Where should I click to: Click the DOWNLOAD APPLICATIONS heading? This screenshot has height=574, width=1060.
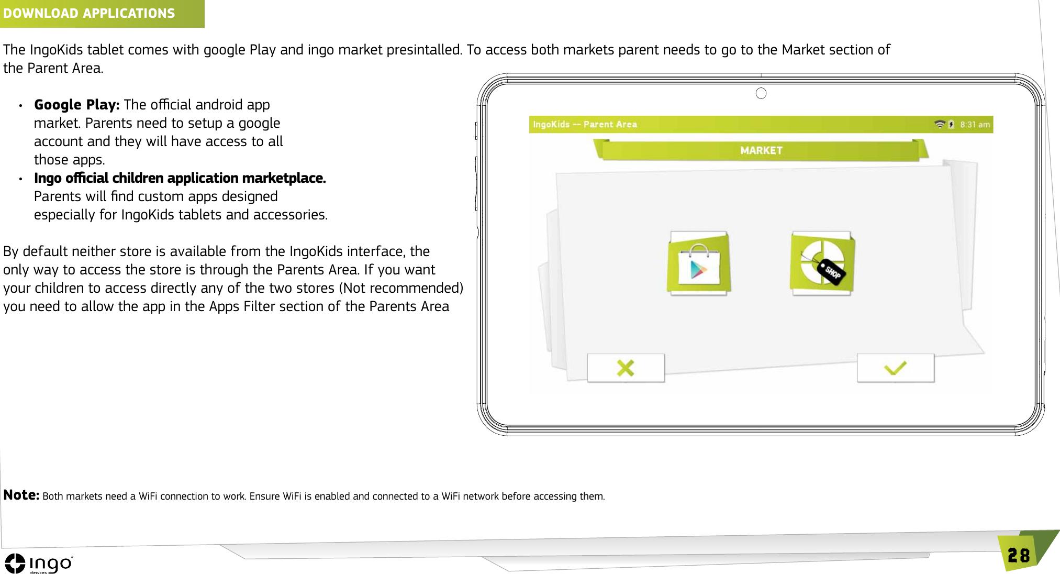[x=89, y=13]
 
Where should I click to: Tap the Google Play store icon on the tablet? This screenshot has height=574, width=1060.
[x=698, y=263]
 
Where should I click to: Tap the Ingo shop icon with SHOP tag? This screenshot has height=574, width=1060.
[x=822, y=263]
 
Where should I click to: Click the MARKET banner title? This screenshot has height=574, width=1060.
[x=761, y=151]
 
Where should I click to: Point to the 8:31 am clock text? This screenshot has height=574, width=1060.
[x=975, y=125]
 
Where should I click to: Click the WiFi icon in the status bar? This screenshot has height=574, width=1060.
[x=939, y=125]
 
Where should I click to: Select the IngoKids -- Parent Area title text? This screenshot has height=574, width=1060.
[x=585, y=125]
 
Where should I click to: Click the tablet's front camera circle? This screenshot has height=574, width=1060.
[x=761, y=93]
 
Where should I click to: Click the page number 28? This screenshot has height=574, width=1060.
[x=1018, y=556]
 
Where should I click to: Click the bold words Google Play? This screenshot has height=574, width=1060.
[x=76, y=105]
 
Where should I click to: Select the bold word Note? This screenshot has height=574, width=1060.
[x=21, y=495]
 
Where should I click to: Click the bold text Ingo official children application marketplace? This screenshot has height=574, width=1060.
[x=180, y=178]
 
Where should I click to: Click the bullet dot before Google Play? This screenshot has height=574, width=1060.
[x=20, y=106]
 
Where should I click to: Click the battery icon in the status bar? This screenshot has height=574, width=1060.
[x=951, y=125]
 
